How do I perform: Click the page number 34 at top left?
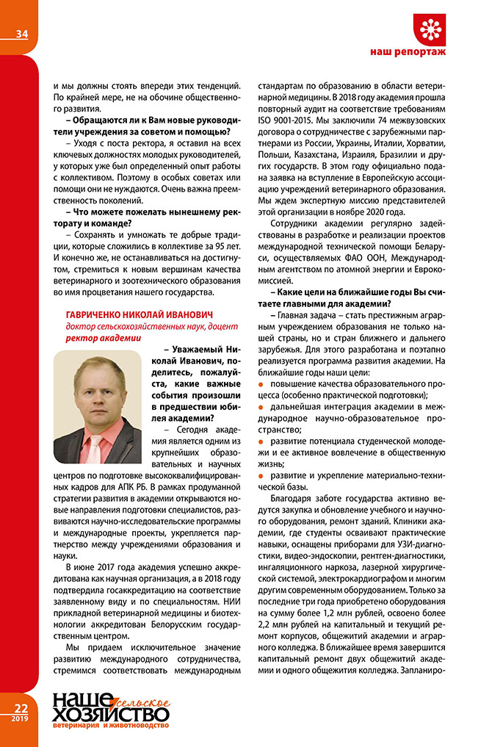[20, 33]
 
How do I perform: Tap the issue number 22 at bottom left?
[18, 708]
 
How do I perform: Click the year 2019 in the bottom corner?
[18, 719]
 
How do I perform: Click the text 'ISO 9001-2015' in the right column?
[289, 119]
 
